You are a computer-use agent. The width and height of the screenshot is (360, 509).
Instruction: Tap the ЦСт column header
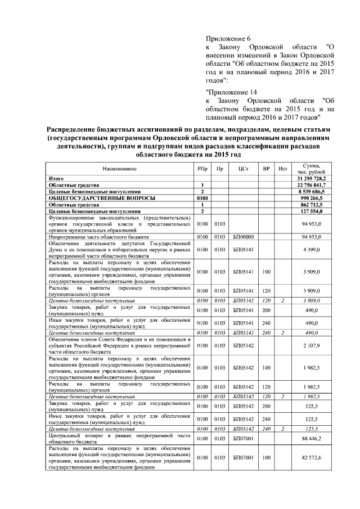(244, 169)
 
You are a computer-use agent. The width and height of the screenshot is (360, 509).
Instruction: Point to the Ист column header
(283, 169)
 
